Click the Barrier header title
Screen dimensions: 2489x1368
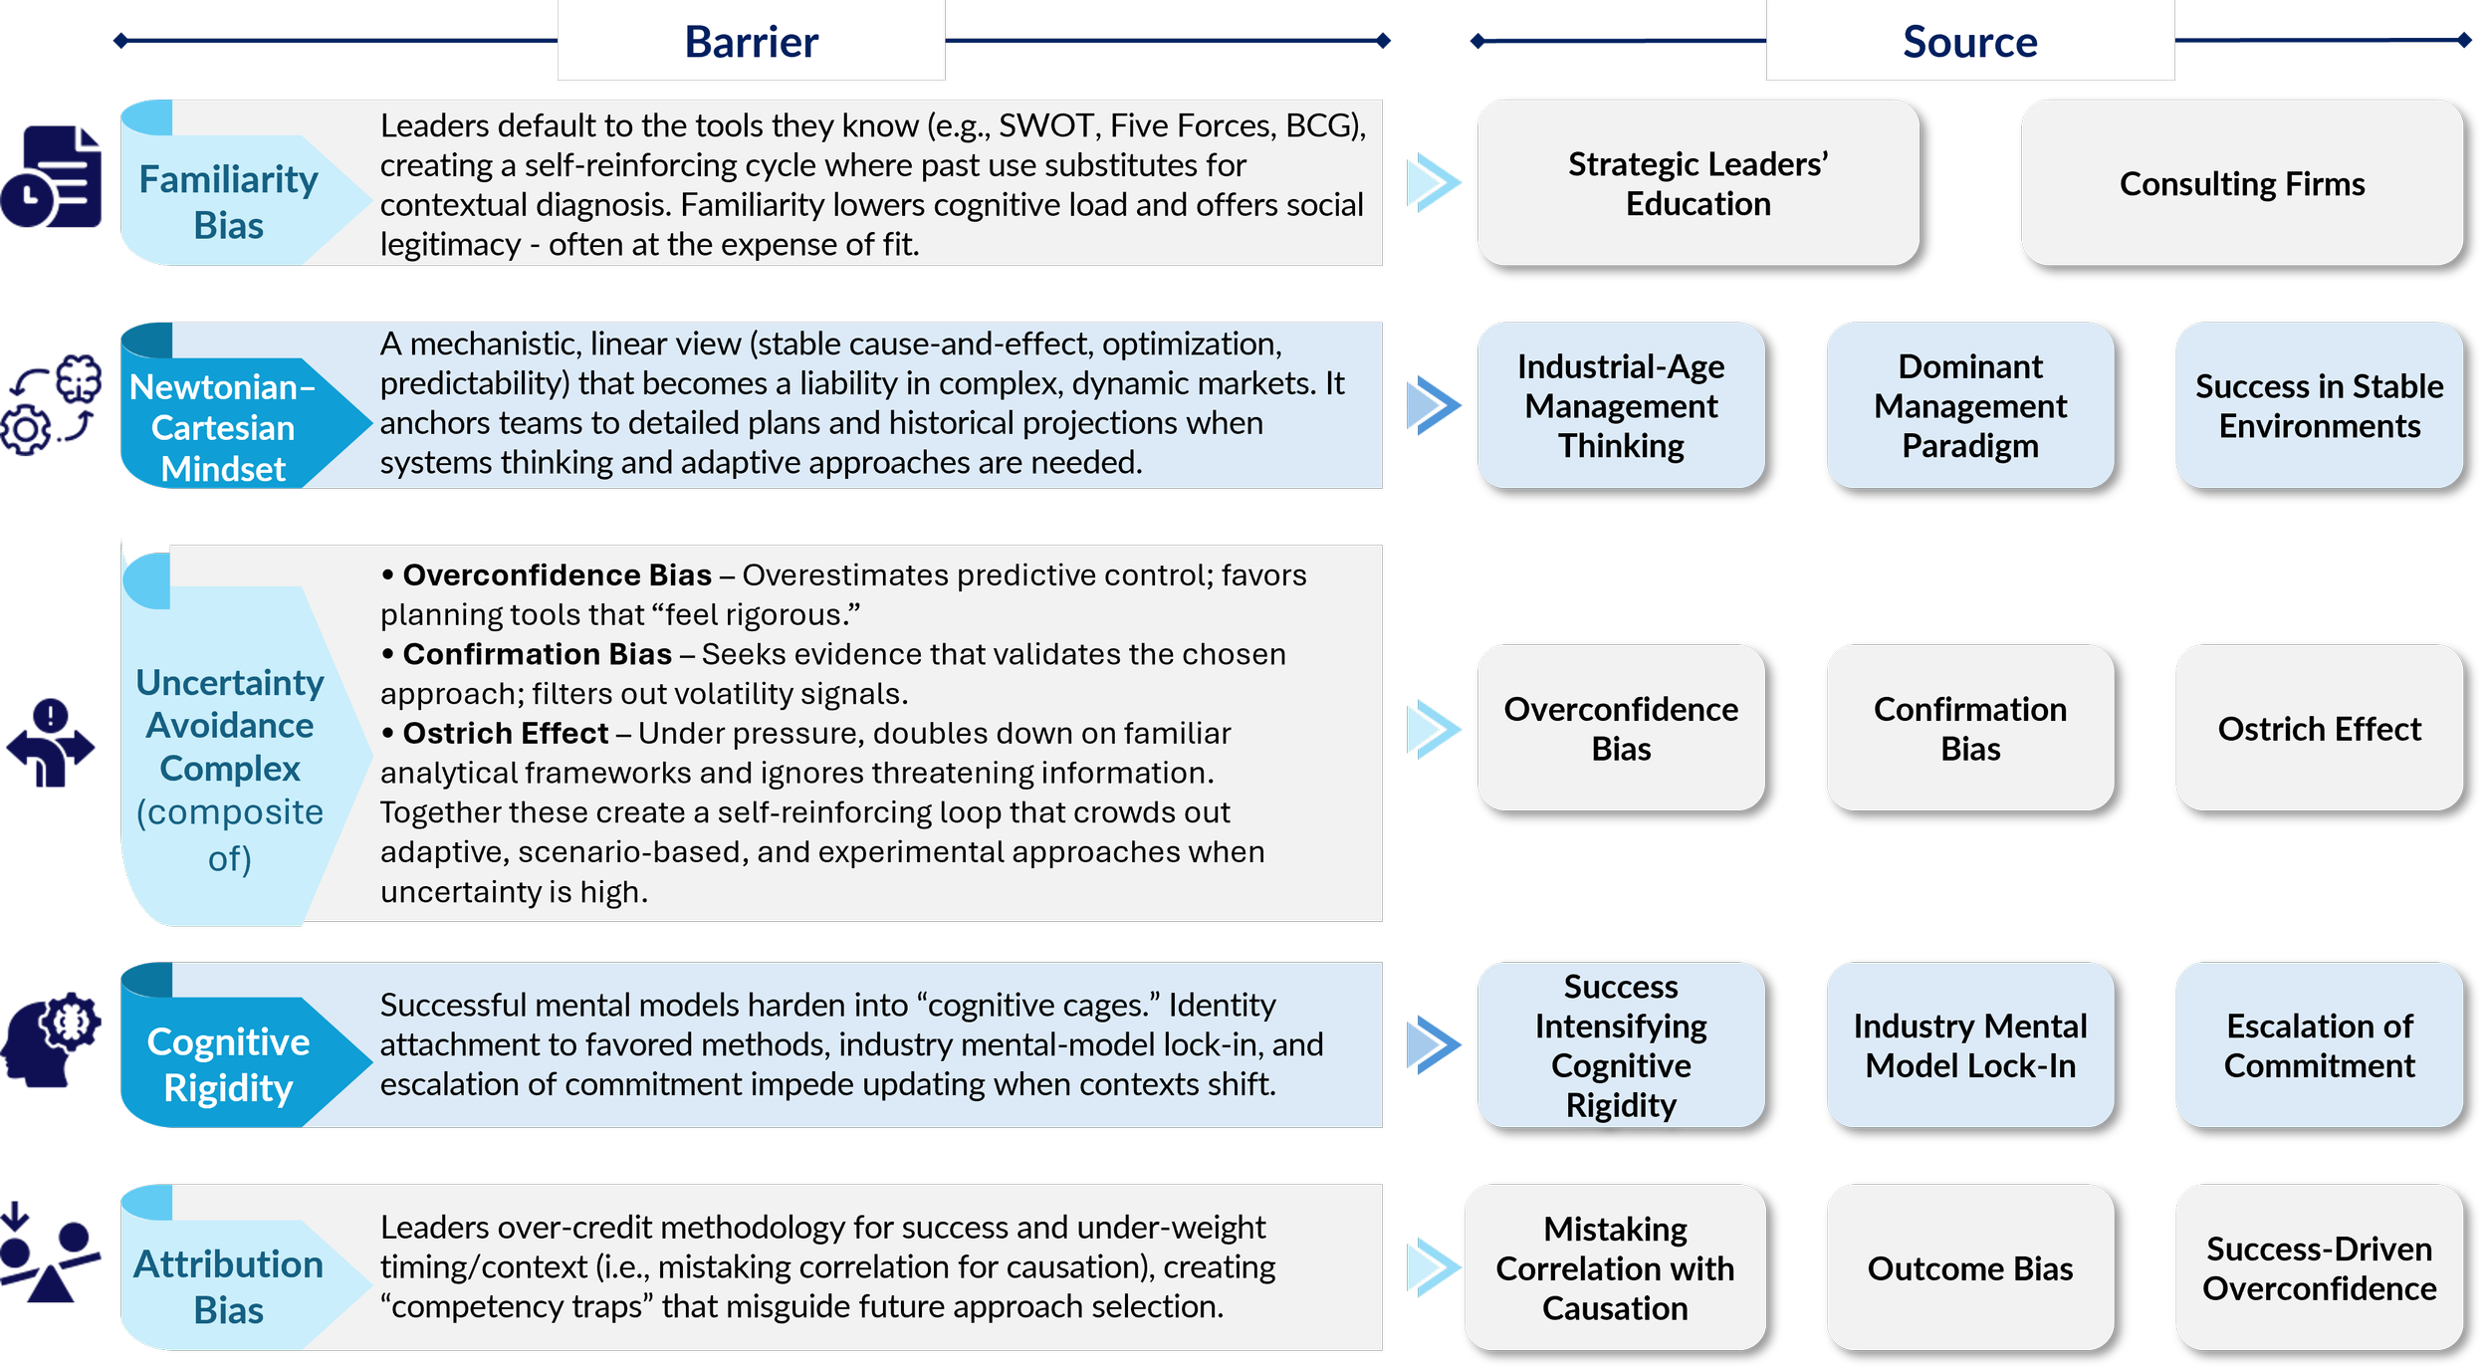coord(752,42)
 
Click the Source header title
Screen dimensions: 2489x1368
coord(1970,42)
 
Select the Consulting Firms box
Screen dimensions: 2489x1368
coord(2242,183)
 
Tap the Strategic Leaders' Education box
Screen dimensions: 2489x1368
coord(1698,183)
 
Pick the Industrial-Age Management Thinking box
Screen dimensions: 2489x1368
coord(1621,405)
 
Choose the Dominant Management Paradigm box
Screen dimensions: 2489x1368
coord(1970,405)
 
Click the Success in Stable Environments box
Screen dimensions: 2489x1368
coord(2320,405)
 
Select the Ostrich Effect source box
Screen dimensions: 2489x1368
coord(2320,728)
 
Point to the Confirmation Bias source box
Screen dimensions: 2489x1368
coord(1970,728)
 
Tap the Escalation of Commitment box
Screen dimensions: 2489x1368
coord(2320,1045)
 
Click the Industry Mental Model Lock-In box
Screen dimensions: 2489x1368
coord(1970,1045)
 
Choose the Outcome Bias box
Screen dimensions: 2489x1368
coord(1970,1267)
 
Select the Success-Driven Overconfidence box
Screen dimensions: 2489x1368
coord(2320,1267)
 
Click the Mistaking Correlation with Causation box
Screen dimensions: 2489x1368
coord(1615,1267)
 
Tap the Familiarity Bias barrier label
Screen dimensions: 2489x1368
coord(229,202)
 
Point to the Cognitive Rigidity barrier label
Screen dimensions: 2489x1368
coord(228,1064)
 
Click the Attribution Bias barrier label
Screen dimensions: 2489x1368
coord(229,1286)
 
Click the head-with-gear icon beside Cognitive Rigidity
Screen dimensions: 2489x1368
coord(51,1039)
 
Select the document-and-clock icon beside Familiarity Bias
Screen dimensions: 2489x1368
coord(51,176)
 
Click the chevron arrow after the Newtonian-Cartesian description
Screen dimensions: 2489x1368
coord(1434,405)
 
